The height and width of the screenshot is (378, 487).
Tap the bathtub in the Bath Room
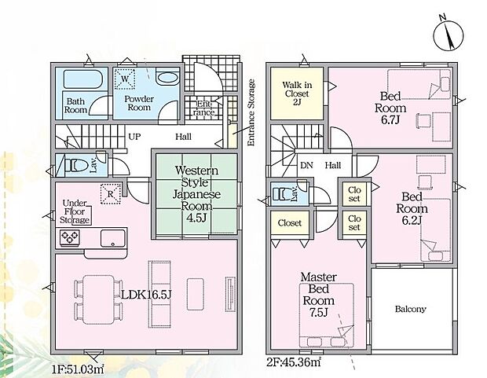pyautogui.click(x=82, y=79)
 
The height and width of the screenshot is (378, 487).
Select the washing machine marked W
pyautogui.click(x=125, y=79)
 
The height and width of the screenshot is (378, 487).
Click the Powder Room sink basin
pyautogui.click(x=167, y=79)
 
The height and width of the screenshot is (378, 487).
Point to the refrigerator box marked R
pyautogui.click(x=111, y=194)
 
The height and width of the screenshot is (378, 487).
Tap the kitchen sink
pyautogui.click(x=113, y=238)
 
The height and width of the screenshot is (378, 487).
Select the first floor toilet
pyautogui.click(x=72, y=165)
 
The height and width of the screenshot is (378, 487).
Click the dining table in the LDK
pyautogui.click(x=99, y=300)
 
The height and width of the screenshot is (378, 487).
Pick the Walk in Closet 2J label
pyautogui.click(x=297, y=94)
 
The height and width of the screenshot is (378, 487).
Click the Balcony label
pyautogui.click(x=410, y=310)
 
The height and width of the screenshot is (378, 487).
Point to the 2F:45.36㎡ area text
pyautogui.click(x=294, y=361)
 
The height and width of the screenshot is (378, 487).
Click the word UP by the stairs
pyautogui.click(x=134, y=137)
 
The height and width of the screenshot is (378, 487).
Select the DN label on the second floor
pyautogui.click(x=306, y=165)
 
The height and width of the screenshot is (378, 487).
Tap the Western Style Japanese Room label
pyautogui.click(x=196, y=194)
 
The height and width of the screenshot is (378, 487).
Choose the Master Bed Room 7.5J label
pyautogui.click(x=319, y=295)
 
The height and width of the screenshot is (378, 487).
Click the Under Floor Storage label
pyautogui.click(x=75, y=211)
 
